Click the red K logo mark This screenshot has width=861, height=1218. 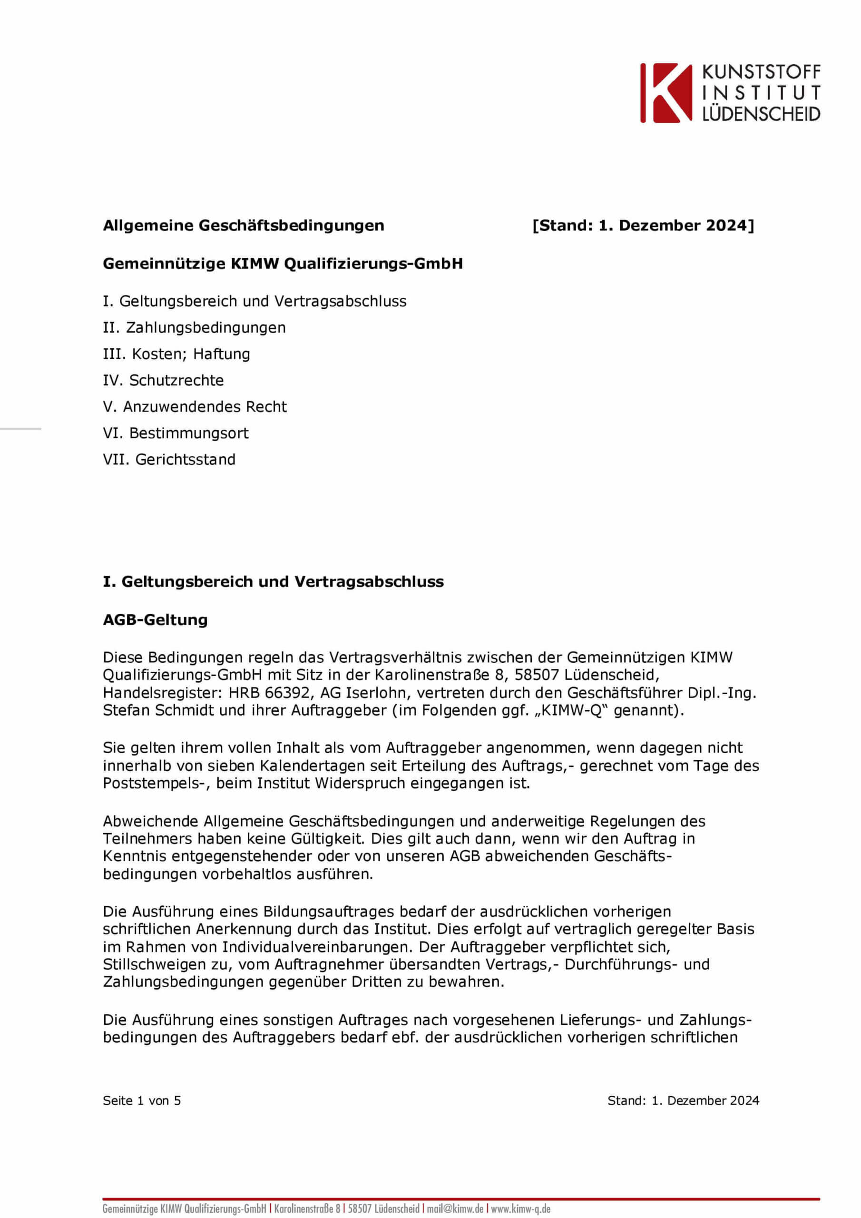(x=666, y=93)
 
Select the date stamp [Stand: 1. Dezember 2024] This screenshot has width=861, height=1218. (x=643, y=226)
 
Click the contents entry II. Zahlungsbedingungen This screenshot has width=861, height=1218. (x=194, y=328)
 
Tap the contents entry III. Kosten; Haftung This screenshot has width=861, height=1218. (x=176, y=354)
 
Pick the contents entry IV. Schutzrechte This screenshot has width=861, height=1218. (x=163, y=380)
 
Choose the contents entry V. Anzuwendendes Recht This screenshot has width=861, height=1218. (x=195, y=407)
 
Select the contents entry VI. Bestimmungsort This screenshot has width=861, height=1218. (x=176, y=433)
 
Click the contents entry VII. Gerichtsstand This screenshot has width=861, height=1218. (x=169, y=460)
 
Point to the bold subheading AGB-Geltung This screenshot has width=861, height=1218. (x=155, y=619)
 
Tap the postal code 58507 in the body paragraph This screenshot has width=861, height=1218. (x=536, y=675)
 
